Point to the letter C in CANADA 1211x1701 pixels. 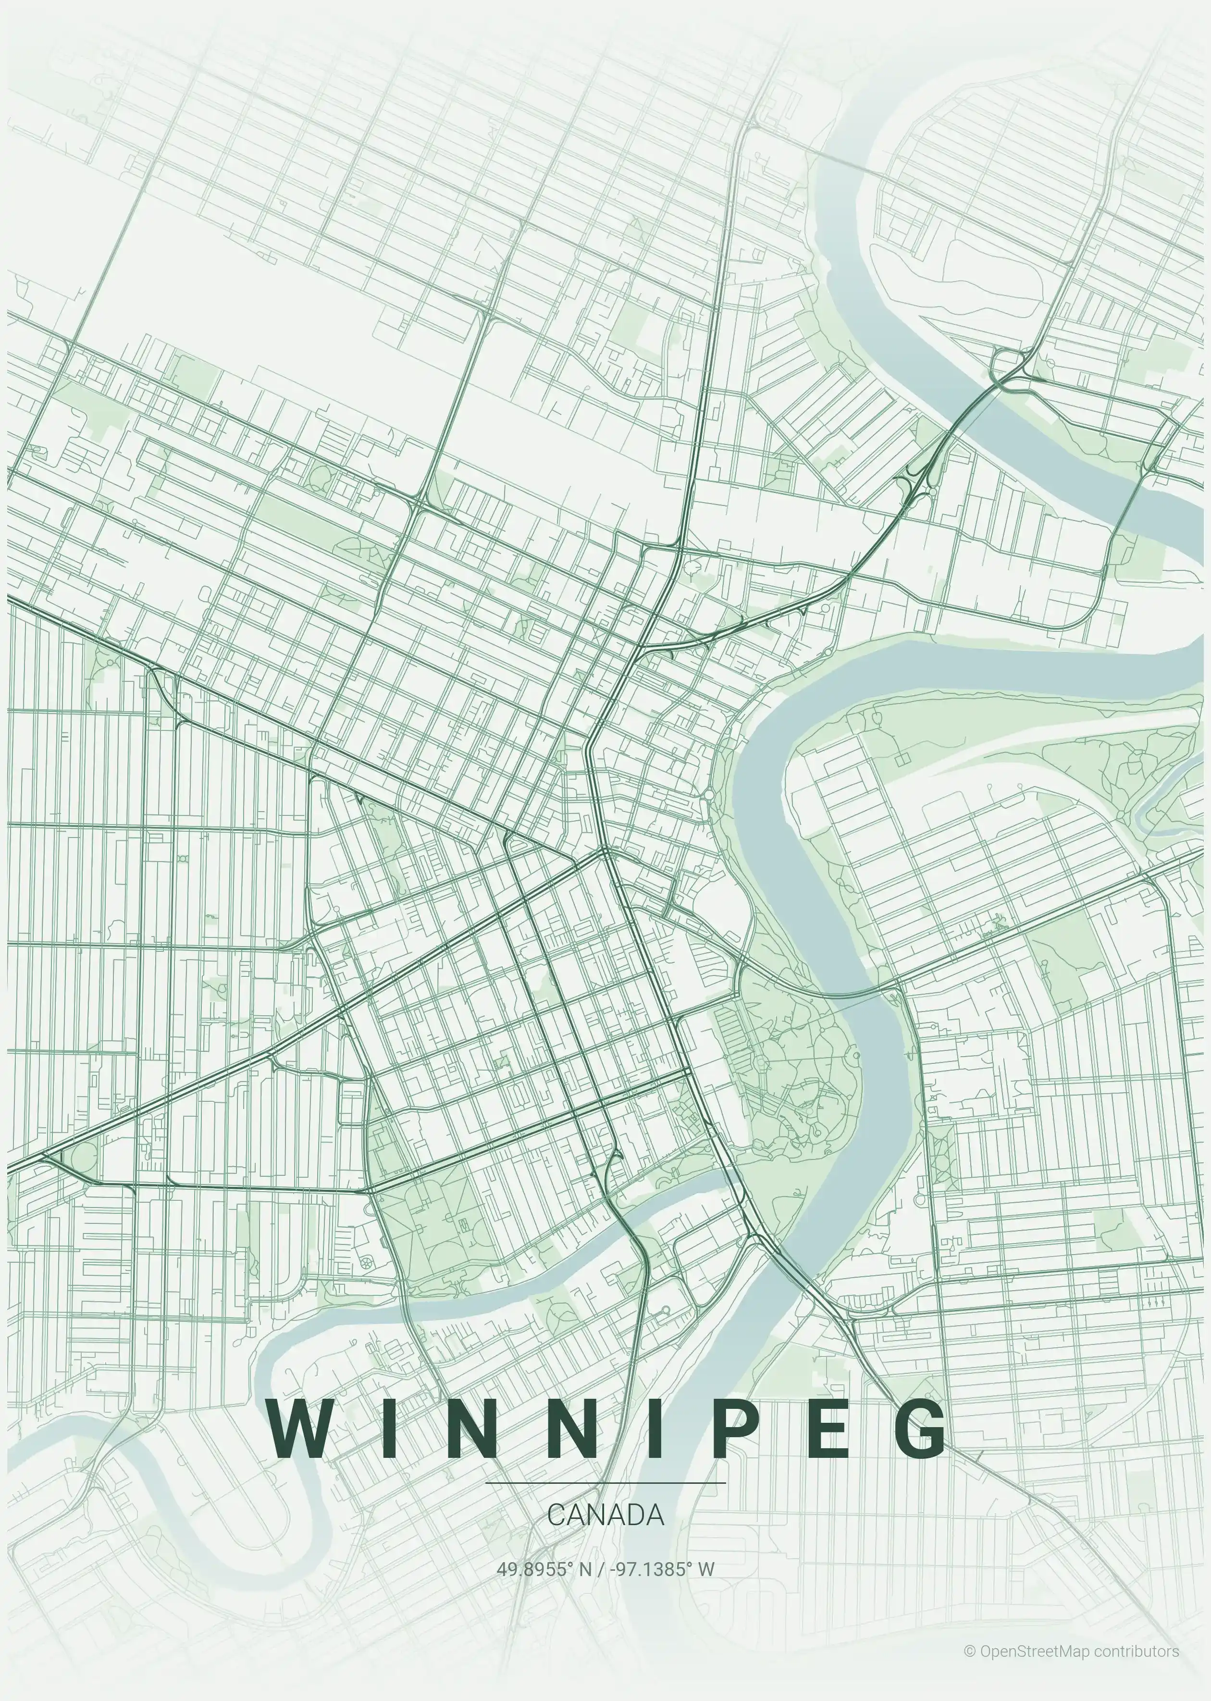point(556,1515)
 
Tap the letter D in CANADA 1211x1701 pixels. point(633,1515)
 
